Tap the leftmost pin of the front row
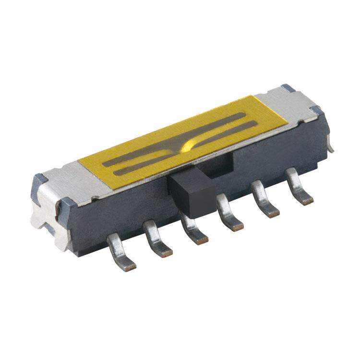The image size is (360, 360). (119, 250)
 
